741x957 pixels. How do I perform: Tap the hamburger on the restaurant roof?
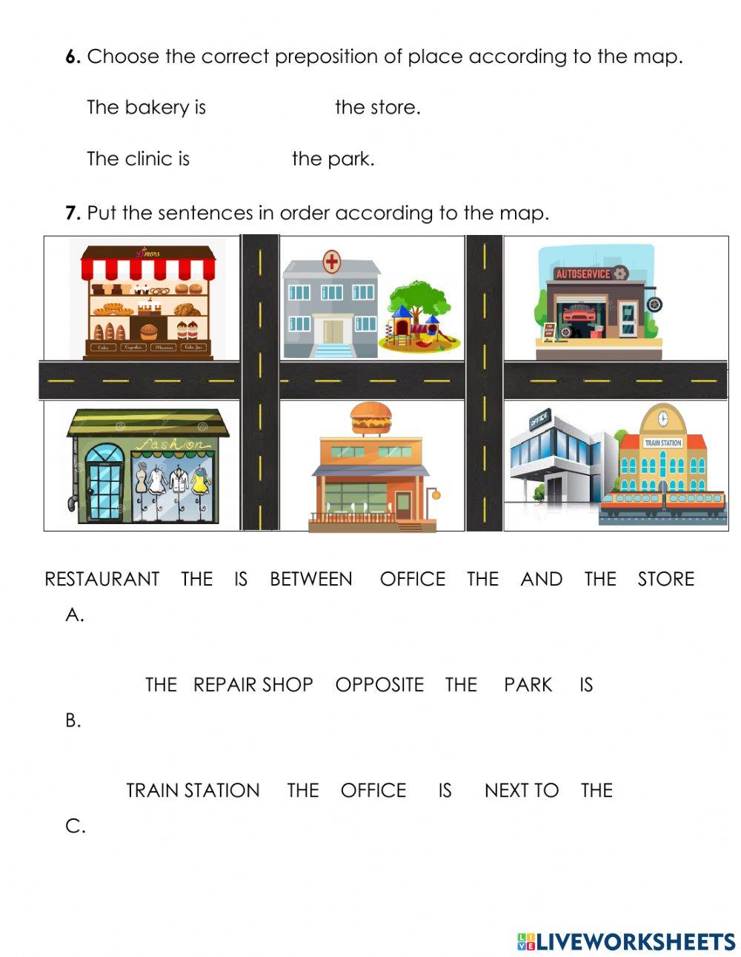tap(370, 419)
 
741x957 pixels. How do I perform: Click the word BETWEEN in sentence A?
tap(310, 579)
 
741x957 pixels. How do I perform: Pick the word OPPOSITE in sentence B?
tap(379, 684)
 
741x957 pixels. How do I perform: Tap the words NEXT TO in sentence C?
tap(521, 790)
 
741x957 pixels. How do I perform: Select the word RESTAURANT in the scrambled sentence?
tap(102, 579)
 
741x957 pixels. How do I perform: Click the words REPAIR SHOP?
tap(253, 684)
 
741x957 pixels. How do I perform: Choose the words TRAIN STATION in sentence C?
tap(193, 790)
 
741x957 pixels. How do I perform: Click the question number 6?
tap(72, 56)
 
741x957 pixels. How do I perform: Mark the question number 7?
tap(72, 213)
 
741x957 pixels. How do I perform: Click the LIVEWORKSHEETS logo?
tap(626, 941)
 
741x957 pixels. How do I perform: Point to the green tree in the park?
tap(420, 297)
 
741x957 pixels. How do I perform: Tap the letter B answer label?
tap(73, 720)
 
